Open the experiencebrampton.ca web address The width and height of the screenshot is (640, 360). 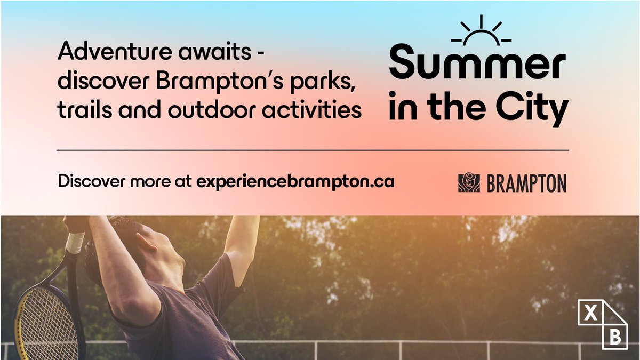click(295, 182)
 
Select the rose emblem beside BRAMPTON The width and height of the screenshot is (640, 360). click(469, 183)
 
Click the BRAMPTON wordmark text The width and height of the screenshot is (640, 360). click(526, 183)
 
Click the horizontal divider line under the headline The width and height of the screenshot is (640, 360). click(313, 150)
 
